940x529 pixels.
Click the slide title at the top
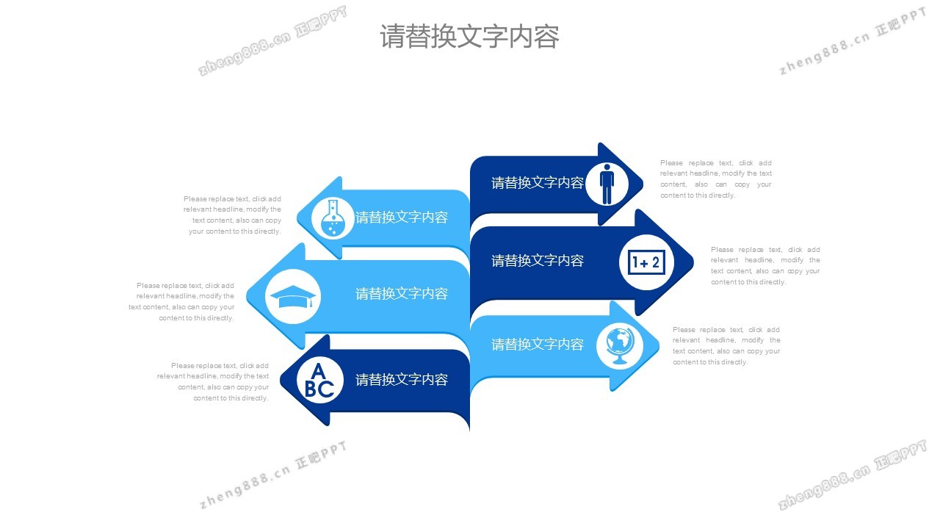469,36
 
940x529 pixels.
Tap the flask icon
333,217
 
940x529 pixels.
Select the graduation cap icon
292,296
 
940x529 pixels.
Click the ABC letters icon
319,380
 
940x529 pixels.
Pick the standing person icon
607,184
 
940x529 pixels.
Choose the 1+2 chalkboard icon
646,262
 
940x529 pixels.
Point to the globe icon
620,345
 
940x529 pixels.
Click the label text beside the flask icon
402,217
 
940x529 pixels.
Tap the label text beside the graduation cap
402,294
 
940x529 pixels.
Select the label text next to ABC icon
402,380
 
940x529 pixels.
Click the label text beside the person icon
538,183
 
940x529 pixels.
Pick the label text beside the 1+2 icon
538,261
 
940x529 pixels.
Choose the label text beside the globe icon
538,345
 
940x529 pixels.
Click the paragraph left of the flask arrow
233,215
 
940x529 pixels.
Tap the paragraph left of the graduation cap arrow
181,301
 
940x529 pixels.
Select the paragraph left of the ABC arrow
213,381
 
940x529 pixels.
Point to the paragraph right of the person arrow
716,179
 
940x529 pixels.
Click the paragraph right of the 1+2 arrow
765,266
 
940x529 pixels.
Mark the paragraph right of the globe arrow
726,346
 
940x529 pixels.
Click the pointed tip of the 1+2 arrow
693,262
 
